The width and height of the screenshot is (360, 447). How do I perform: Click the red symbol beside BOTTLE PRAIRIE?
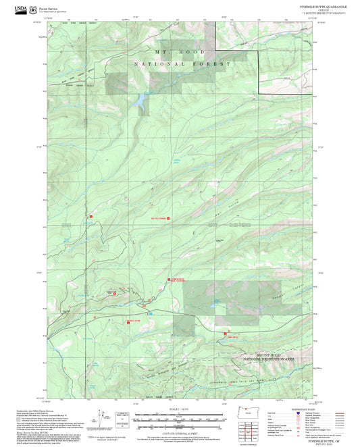(x=168, y=219)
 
